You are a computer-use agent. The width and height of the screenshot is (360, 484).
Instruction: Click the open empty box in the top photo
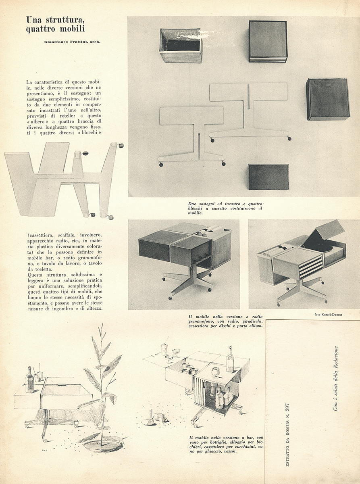(x=181, y=45)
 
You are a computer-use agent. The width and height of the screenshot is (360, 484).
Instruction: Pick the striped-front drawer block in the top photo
(x=268, y=41)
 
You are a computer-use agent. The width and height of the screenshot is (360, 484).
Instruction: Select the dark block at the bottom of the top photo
(x=268, y=177)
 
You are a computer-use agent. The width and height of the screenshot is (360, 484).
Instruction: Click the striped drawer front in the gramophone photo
(x=311, y=267)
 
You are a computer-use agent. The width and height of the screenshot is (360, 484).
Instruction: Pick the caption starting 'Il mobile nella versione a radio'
(x=225, y=321)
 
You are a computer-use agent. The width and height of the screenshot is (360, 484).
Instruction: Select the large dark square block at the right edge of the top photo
(x=327, y=99)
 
